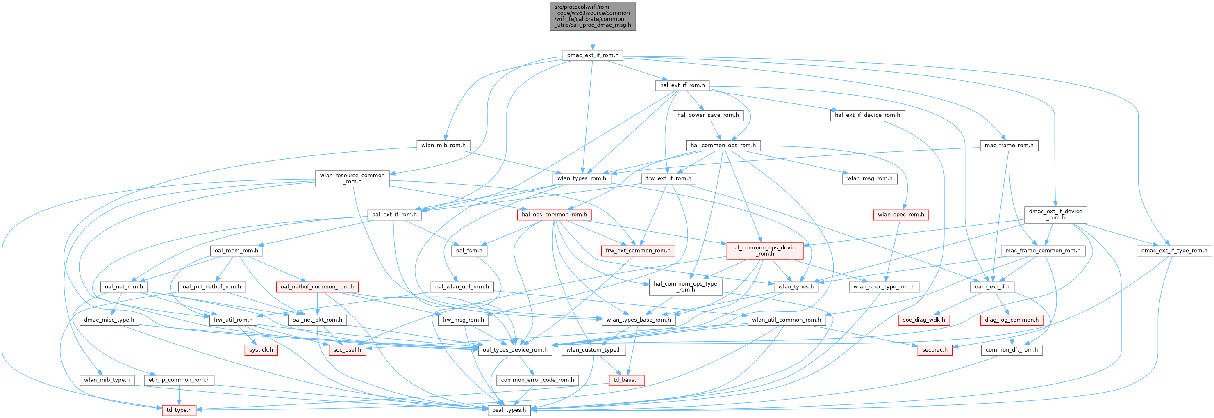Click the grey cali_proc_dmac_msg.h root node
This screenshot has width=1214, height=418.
[x=592, y=16]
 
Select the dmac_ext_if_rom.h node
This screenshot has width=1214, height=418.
[x=592, y=55]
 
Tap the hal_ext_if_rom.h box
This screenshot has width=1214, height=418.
[x=682, y=85]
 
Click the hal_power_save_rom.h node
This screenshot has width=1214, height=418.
[x=708, y=115]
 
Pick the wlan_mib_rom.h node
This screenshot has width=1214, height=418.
[x=443, y=145]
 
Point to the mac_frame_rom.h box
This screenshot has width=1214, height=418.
[x=1009, y=145]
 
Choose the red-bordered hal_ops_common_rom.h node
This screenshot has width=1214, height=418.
[x=554, y=215]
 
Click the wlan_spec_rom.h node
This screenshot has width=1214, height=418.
[x=900, y=215]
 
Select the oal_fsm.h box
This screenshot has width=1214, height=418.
[x=469, y=251]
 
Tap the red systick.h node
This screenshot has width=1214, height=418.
[x=261, y=350]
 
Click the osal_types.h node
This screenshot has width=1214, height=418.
[x=509, y=410]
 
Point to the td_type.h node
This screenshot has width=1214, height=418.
[x=179, y=410]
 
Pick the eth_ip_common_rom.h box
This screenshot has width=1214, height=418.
[x=179, y=380]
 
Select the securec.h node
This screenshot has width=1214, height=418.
[x=934, y=350]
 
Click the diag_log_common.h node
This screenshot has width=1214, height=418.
[x=1012, y=320]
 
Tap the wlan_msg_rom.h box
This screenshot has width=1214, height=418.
[x=869, y=178]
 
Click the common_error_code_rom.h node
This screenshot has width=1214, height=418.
[x=537, y=380]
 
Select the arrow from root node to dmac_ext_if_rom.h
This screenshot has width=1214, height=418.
[x=592, y=41]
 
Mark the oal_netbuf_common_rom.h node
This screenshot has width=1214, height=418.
[x=317, y=287]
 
